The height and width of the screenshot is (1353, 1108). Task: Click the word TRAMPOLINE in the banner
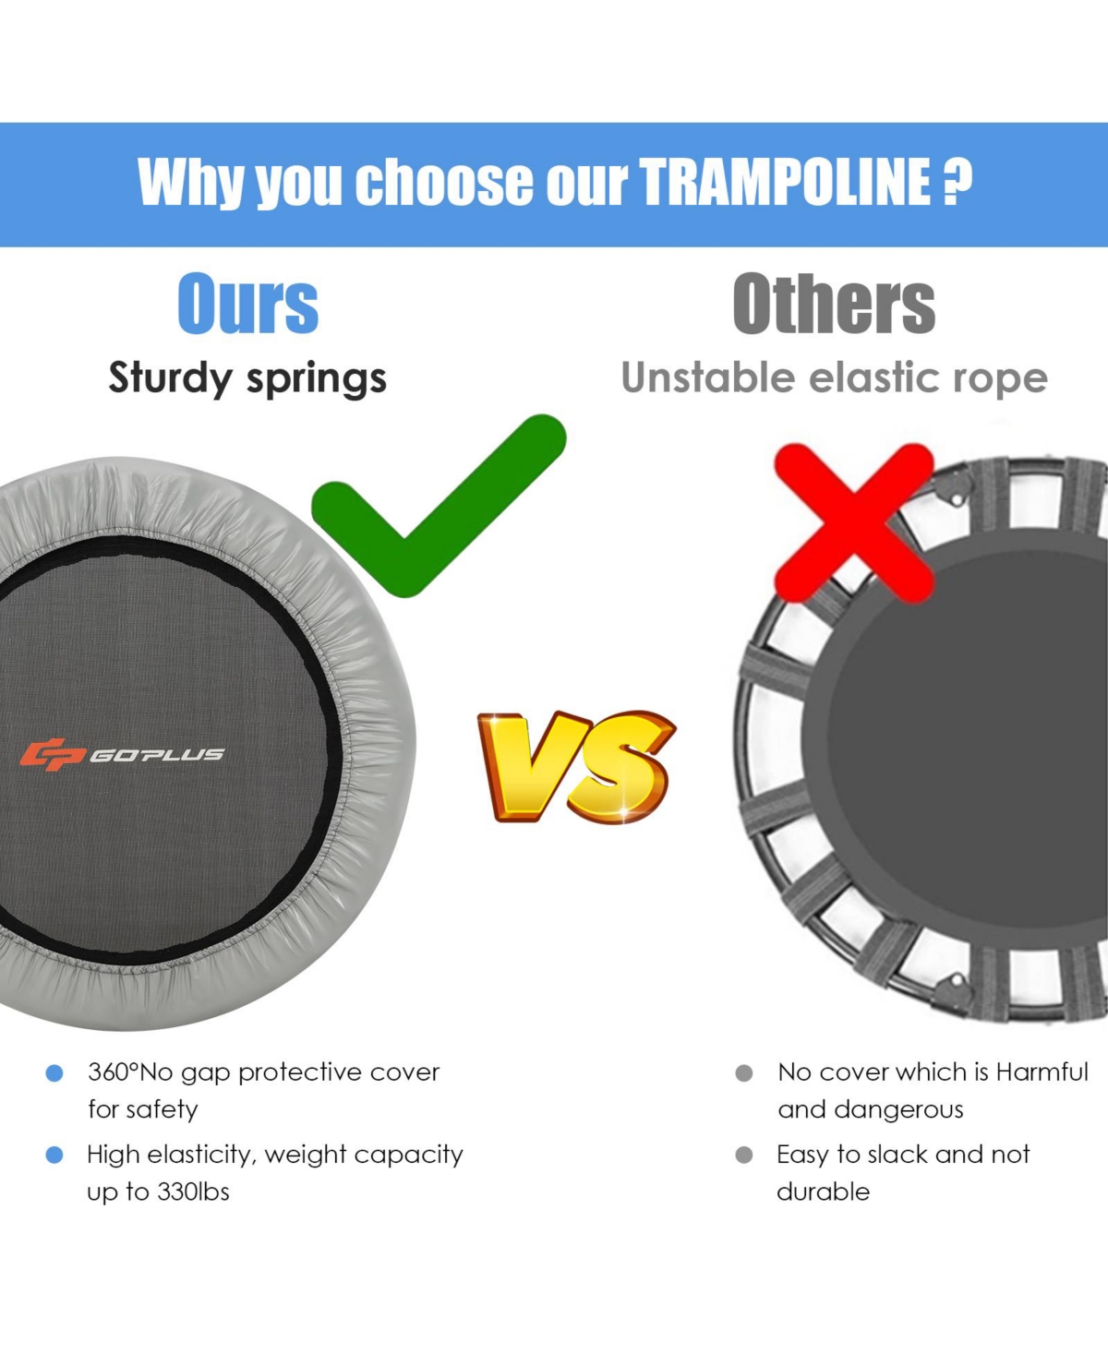pyautogui.click(x=785, y=183)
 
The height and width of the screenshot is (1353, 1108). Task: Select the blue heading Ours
pyautogui.click(x=247, y=304)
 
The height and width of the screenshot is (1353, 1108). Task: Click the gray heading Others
pyautogui.click(x=834, y=303)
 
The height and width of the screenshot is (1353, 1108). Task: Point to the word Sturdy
pyautogui.click(x=170, y=378)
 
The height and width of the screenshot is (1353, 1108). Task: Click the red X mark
pyautogui.click(x=854, y=523)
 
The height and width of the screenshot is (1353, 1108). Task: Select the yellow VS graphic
pyautogui.click(x=576, y=766)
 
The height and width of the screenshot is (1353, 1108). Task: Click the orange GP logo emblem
pyautogui.click(x=53, y=754)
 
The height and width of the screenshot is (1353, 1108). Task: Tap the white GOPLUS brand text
pyautogui.click(x=157, y=755)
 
